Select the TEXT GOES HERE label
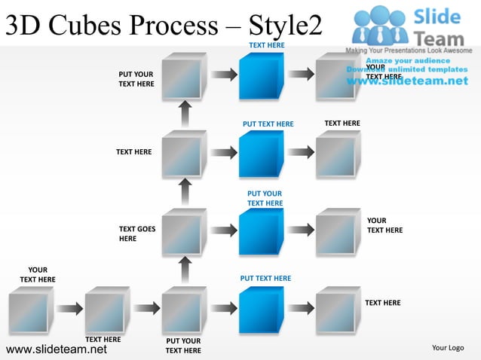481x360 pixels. pyautogui.click(x=137, y=233)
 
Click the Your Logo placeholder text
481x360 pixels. pyautogui.click(x=448, y=347)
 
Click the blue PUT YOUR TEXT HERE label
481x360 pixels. pyautogui.click(x=265, y=199)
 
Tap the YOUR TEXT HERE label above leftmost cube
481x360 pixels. pyautogui.click(x=38, y=275)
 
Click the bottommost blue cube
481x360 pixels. pyautogui.click(x=261, y=309)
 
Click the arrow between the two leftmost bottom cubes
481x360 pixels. pyautogui.click(x=69, y=307)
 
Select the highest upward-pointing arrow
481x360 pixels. pyautogui.click(x=185, y=114)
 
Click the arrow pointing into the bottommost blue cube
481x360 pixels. pyautogui.click(x=223, y=307)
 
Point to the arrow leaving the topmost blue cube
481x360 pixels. pyautogui.click(x=299, y=75)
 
